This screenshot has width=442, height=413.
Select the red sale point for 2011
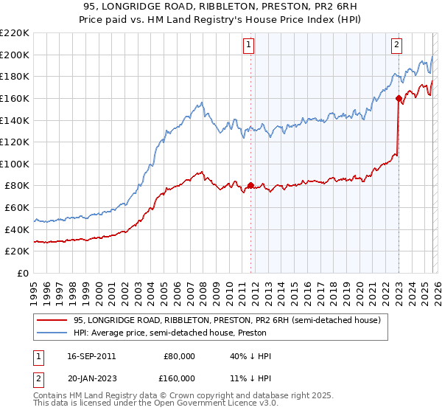tap(251, 186)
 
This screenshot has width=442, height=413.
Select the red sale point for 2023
tap(399, 98)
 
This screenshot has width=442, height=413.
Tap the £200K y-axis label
tap(16, 55)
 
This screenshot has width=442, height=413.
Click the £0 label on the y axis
tap(22, 274)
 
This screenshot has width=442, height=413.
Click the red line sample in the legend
tap(53, 320)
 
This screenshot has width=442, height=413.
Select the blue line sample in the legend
tap(53, 333)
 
